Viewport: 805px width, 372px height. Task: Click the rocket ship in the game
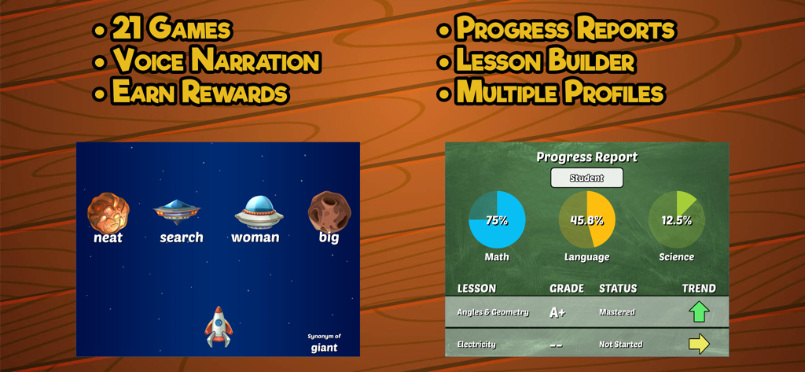219,327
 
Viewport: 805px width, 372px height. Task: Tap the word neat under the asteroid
108,238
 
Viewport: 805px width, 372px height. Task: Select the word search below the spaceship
182,237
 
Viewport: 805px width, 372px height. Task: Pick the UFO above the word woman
259,211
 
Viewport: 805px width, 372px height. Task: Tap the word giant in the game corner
324,347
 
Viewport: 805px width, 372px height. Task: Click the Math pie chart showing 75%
497,220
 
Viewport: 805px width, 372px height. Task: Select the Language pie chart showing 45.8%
587,220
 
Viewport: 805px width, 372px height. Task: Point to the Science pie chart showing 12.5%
676,220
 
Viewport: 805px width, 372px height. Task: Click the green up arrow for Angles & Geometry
699,312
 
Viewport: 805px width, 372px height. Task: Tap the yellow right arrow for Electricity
699,344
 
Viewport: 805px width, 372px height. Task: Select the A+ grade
557,312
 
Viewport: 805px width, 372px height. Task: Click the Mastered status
617,312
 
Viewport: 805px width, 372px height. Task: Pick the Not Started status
620,344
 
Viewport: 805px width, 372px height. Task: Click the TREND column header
699,288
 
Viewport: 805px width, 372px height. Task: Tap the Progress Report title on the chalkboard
586,157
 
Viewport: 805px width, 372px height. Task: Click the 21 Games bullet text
171,30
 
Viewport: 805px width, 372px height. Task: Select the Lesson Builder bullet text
546,61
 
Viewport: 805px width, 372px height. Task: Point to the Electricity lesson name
476,344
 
